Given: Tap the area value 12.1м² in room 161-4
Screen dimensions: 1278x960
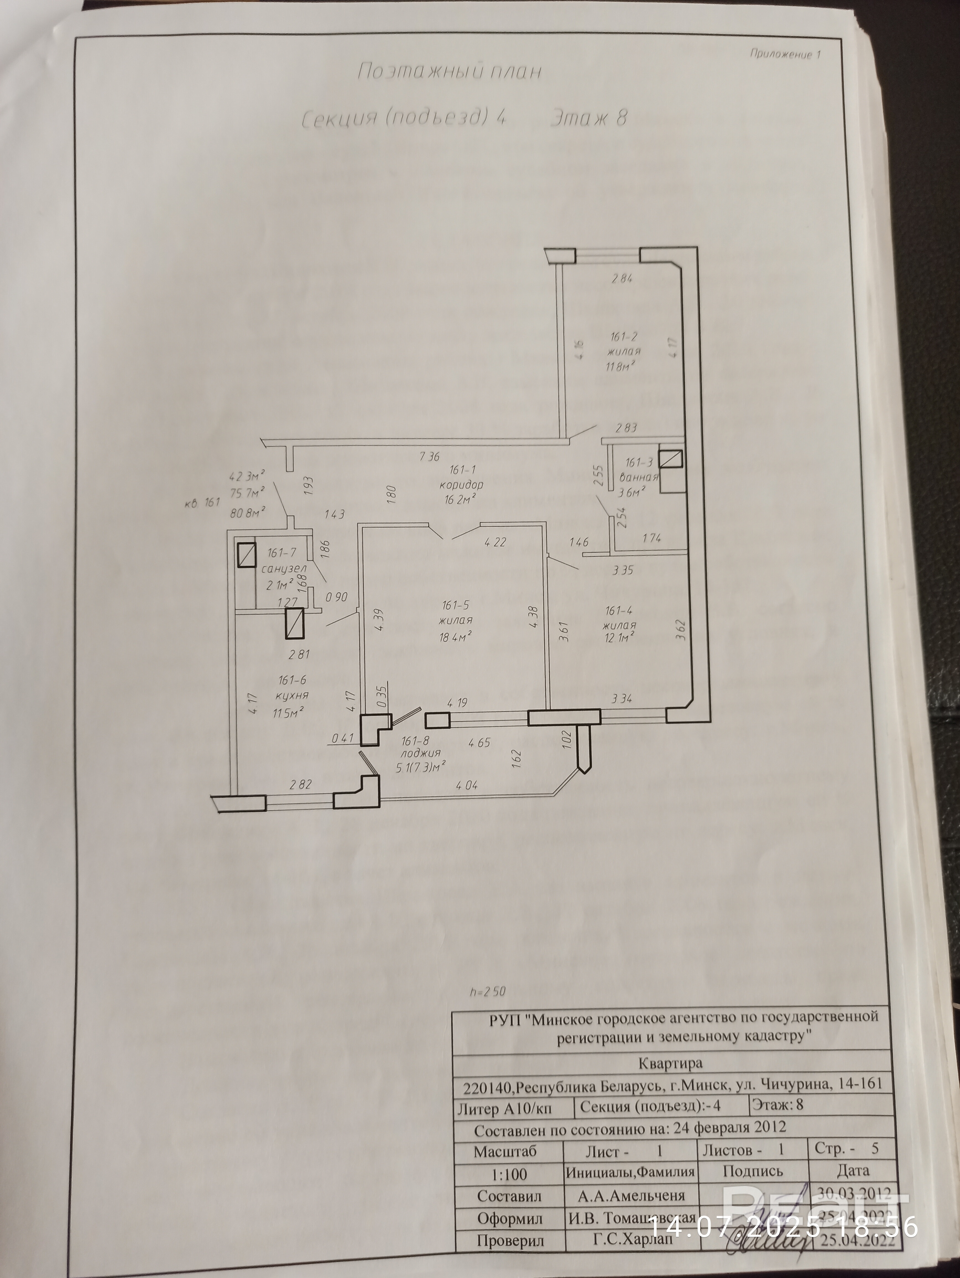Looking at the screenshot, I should point(621,637).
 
